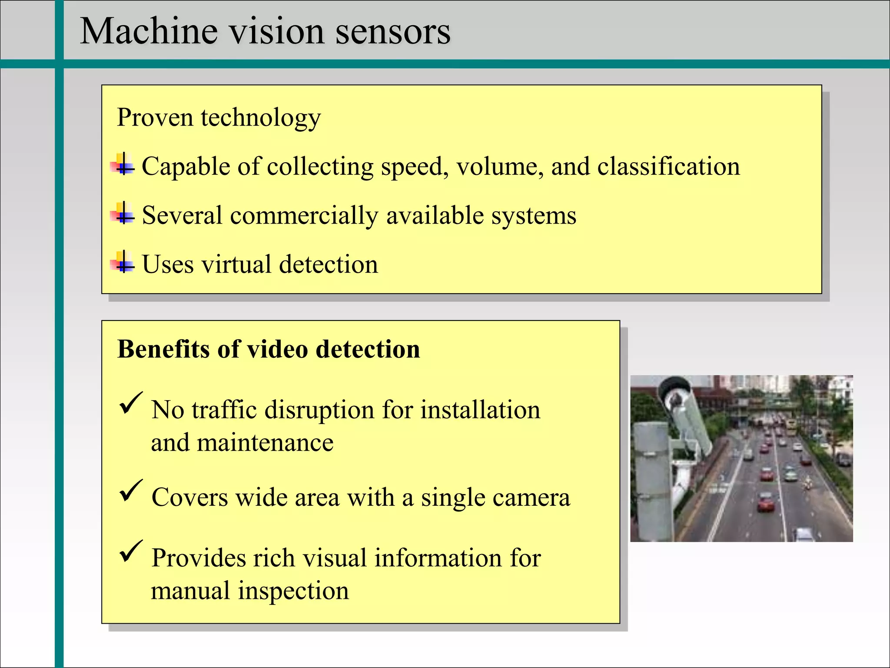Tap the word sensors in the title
click(393, 31)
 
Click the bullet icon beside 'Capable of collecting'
click(123, 165)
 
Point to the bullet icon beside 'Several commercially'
click(123, 214)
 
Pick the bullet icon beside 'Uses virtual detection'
click(123, 263)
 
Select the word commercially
click(304, 216)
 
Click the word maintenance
click(265, 443)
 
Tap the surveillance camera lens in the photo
click(676, 398)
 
